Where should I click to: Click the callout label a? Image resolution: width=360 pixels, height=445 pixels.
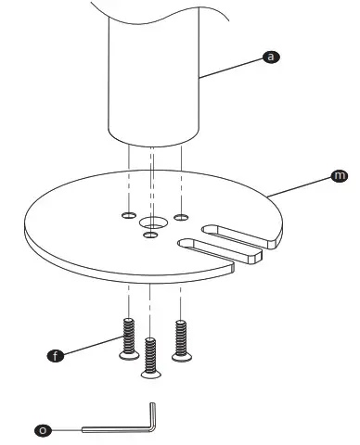tap(271, 57)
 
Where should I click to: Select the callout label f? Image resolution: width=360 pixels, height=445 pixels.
tap(57, 355)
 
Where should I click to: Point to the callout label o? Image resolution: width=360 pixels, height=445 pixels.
tap(43, 429)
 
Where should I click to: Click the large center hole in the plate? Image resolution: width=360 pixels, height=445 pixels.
tap(151, 223)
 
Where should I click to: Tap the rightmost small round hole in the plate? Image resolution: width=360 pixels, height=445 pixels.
tap(183, 217)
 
